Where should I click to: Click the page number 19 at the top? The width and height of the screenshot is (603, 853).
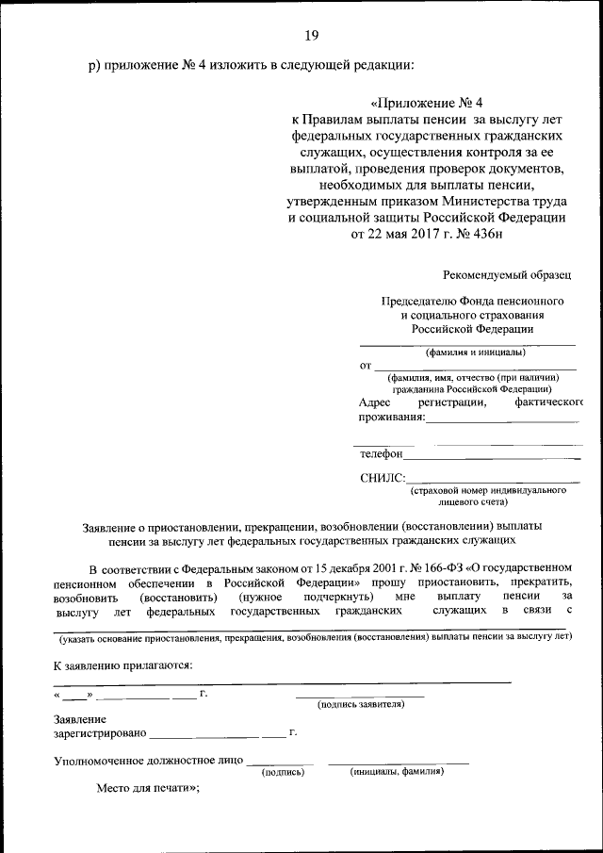pos(312,36)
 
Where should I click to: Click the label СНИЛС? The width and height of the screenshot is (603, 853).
pos(383,478)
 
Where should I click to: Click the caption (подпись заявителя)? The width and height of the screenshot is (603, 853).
pos(361,704)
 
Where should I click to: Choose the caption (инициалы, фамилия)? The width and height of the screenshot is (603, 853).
pos(397,771)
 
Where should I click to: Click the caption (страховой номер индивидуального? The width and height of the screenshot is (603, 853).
pos(487,491)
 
